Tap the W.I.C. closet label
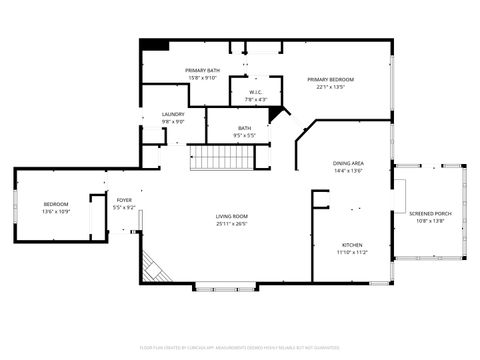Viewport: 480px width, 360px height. coord(255,92)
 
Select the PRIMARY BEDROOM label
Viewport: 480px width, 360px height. coord(330,79)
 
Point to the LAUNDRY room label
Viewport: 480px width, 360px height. coord(173,114)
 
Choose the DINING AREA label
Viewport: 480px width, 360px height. coord(347,163)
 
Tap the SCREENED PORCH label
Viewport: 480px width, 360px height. coord(429,213)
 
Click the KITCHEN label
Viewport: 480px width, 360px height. coord(352,245)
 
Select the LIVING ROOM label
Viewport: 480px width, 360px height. coord(231,217)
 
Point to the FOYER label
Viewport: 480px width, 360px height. coord(124,200)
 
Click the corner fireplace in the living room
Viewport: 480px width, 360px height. coord(153,267)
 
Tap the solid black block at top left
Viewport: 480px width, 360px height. coord(153,45)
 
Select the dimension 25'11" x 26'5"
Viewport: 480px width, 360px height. coord(231,224)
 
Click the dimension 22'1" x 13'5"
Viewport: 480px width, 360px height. coord(330,87)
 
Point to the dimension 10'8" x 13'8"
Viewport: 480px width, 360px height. coord(429,220)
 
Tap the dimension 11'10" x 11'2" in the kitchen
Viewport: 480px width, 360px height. coord(352,252)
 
